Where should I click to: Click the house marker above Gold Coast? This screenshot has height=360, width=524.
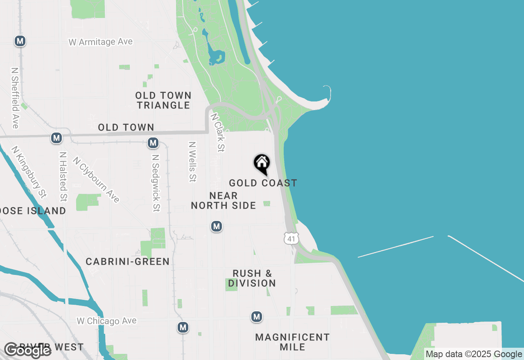pos(262,164)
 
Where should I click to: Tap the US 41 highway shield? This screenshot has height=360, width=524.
pos(291,239)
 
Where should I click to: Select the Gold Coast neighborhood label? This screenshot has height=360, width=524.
pos(263,183)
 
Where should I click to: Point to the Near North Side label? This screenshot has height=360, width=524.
pos(224,200)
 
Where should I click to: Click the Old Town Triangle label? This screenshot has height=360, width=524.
pos(163,100)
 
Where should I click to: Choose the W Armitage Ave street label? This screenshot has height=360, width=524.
pos(101,42)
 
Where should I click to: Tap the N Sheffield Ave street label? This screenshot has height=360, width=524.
pos(16,98)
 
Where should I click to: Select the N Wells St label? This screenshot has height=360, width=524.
pos(192,162)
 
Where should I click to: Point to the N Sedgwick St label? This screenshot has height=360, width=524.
pos(155,183)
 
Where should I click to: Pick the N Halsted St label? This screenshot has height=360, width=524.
pos(63,177)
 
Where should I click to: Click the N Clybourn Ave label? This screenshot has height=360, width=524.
pos(96,179)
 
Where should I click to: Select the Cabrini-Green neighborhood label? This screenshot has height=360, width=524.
pos(128,261)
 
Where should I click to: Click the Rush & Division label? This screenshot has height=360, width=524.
pos(252,278)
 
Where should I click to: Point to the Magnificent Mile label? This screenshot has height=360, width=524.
pos(292,342)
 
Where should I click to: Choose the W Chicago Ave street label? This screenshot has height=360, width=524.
pos(106,321)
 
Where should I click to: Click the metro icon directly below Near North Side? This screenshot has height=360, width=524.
pos(217,226)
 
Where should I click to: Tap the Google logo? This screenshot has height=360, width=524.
pos(27,350)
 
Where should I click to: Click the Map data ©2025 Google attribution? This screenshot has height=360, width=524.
pos(474,354)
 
